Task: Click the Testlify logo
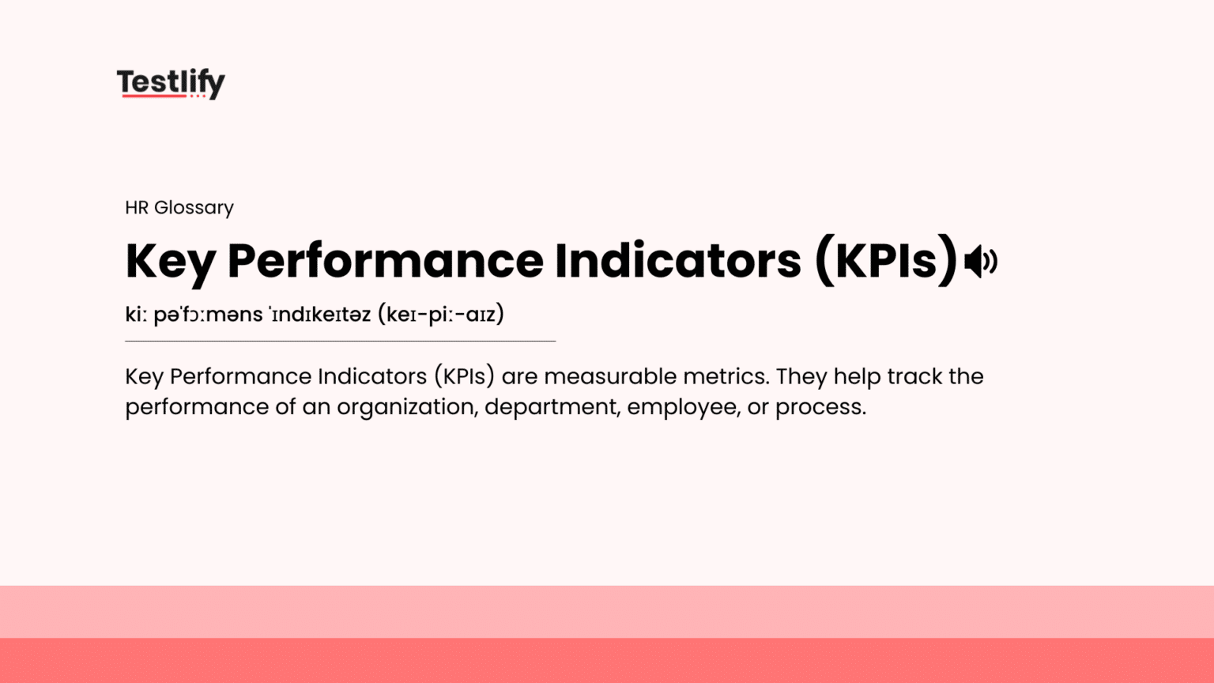(x=171, y=82)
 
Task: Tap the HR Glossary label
(x=179, y=207)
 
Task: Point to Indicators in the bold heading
(x=677, y=261)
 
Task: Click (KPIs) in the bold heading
(x=886, y=261)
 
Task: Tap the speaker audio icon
(x=981, y=262)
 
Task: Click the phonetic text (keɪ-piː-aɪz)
(x=441, y=314)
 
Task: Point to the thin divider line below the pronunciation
(x=340, y=341)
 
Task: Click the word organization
(x=407, y=407)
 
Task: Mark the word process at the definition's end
(x=820, y=407)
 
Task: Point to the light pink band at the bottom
(x=607, y=612)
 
